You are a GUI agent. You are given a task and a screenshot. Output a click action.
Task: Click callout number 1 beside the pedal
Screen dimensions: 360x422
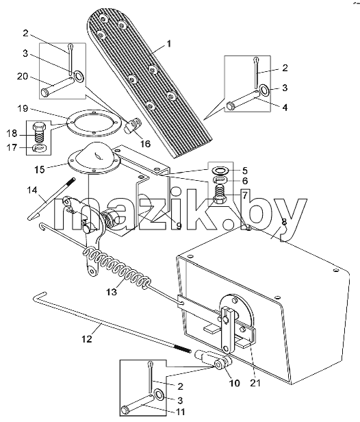pyautogui.click(x=168, y=44)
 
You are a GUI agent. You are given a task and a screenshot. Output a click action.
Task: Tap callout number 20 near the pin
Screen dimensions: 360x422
pyautogui.click(x=23, y=77)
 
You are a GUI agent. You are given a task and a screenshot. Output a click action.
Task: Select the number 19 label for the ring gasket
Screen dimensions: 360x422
pyautogui.click(x=23, y=108)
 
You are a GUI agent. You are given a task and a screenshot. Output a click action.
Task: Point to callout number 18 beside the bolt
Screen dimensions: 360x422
pyautogui.click(x=12, y=134)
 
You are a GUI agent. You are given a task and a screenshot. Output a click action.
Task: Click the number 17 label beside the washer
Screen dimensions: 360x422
pyautogui.click(x=12, y=147)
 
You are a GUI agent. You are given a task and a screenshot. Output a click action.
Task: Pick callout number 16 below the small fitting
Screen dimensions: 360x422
pyautogui.click(x=145, y=144)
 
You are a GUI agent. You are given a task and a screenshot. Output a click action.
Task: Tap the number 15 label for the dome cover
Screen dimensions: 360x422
pyautogui.click(x=39, y=170)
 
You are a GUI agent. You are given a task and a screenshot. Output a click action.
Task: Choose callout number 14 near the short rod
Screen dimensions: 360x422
pyautogui.click(x=32, y=190)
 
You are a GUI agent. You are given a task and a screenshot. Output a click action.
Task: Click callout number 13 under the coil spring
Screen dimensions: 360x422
pyautogui.click(x=112, y=292)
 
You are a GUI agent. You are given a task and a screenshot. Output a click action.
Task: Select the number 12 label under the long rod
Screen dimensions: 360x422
pyautogui.click(x=87, y=339)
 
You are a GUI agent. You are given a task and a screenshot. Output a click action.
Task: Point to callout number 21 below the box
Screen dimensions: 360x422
pyautogui.click(x=255, y=382)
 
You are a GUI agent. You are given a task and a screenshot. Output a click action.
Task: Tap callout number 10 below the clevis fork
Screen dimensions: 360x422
pyautogui.click(x=235, y=383)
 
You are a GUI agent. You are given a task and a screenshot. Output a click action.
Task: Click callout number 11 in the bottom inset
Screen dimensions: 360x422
pyautogui.click(x=180, y=412)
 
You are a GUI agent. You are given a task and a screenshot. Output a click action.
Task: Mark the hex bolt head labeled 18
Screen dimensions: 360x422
pyautogui.click(x=39, y=126)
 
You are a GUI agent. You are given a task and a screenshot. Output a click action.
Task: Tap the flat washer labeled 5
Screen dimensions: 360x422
pyautogui.click(x=220, y=171)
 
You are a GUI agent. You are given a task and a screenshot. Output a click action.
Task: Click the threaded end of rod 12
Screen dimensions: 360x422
pyautogui.click(x=183, y=349)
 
